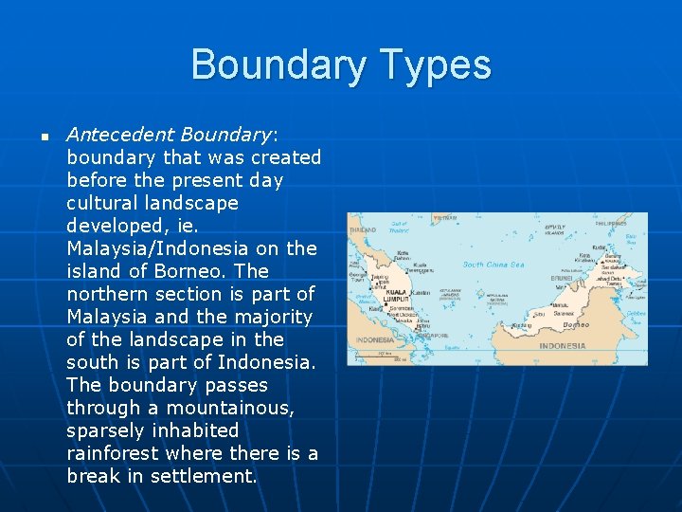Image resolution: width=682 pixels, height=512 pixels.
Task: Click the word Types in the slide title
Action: [x=436, y=64]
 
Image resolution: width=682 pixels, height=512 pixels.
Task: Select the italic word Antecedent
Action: [x=121, y=134]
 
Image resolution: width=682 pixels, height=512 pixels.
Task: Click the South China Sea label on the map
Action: [x=493, y=265]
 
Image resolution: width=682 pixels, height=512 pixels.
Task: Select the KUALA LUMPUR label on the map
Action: [x=395, y=296]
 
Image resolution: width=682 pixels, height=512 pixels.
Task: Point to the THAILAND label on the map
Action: [x=362, y=229]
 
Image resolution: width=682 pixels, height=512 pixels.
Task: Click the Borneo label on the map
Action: [x=576, y=324]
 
